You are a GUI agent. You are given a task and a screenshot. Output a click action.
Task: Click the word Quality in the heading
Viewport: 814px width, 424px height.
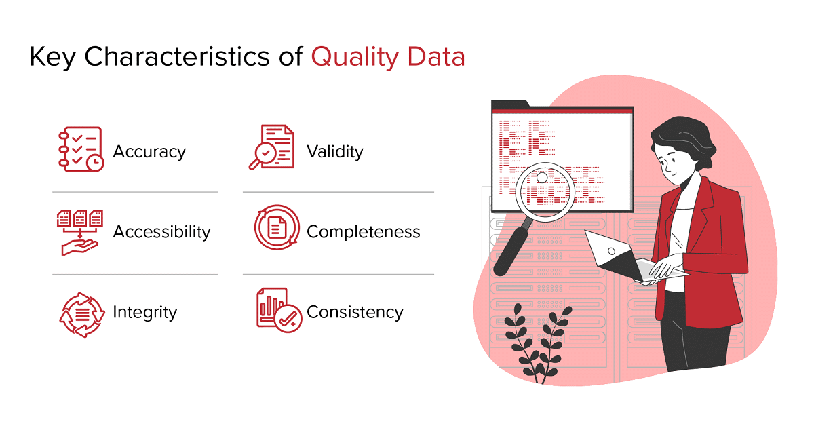355,58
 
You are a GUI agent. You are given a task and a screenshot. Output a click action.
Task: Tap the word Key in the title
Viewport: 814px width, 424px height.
52,58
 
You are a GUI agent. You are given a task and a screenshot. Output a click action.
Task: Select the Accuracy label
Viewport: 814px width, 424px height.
149,152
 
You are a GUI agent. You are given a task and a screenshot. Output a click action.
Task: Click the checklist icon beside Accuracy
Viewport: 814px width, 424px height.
81,149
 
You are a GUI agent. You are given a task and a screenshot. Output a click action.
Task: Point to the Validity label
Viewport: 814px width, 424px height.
334,151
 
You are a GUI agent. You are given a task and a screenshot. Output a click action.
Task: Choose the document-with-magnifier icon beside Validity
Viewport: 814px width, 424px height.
272,147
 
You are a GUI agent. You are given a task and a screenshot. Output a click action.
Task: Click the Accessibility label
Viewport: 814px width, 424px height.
161,231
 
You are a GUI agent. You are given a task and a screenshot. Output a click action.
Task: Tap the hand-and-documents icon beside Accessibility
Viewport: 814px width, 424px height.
80,233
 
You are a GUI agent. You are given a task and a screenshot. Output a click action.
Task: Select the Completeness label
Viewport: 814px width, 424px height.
364,232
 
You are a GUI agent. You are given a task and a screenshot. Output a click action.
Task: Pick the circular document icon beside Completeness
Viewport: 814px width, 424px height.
277,227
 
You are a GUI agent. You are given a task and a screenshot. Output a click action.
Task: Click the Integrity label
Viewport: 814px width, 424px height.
145,313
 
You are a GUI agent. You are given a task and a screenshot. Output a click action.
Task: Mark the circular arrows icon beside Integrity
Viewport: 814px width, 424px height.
82,315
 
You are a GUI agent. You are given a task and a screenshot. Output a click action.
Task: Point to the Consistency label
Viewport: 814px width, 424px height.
355,312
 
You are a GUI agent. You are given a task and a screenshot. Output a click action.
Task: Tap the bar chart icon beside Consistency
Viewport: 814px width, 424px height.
279,310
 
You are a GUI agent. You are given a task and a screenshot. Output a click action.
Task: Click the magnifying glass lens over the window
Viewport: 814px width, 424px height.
545,191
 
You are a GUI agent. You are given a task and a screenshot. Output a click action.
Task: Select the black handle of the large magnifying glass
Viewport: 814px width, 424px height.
511,252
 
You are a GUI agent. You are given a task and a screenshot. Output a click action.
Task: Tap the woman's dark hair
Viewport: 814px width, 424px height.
684,142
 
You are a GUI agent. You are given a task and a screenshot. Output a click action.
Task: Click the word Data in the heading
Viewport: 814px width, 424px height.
436,58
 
